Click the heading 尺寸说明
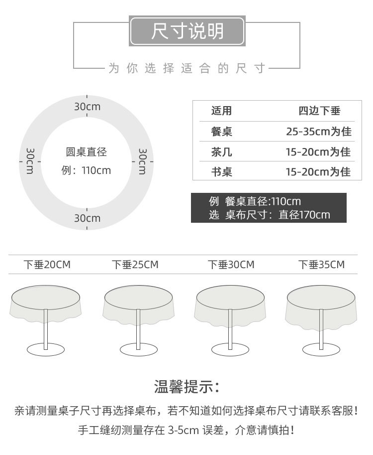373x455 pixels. [187, 31]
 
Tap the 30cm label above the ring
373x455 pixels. [87, 106]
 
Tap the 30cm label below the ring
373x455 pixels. [87, 218]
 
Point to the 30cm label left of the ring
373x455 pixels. [30, 161]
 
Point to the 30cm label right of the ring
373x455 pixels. [142, 161]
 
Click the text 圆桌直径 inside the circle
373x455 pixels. [87, 152]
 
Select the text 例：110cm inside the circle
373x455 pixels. [86, 170]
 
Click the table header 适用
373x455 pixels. [221, 111]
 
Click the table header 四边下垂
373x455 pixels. [319, 111]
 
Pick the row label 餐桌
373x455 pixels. [221, 132]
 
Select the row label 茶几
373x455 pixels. [221, 152]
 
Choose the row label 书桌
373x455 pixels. [221, 172]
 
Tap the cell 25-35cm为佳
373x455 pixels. [318, 132]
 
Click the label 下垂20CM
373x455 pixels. [47, 265]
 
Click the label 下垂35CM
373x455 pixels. [321, 265]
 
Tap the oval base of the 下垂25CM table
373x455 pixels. [139, 349]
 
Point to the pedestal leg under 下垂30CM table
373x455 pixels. [230, 329]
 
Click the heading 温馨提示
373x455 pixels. [187, 386]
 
